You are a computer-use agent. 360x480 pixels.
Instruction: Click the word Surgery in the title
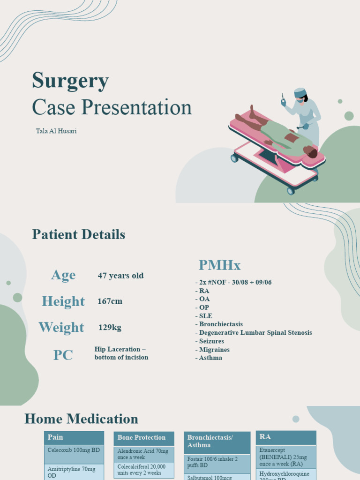coord(70,81)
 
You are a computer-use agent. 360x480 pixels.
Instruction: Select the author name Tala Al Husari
coord(56,131)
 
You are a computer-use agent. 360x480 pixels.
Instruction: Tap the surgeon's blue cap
coord(300,92)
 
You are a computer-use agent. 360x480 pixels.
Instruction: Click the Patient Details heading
coord(78,234)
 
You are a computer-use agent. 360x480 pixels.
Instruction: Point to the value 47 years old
coord(120,276)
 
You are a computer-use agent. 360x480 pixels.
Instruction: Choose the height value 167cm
coord(110,301)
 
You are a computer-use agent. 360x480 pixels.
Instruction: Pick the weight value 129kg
coord(110,328)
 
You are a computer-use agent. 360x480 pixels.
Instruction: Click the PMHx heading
coord(219,265)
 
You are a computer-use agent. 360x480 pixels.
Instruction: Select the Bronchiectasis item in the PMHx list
coord(220,324)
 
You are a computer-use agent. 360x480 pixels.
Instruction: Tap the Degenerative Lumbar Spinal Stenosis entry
coord(255,333)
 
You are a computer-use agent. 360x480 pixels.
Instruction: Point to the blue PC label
coord(63,355)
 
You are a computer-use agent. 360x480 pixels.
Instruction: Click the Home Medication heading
coord(81,419)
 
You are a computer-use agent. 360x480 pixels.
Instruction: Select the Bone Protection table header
coord(143,438)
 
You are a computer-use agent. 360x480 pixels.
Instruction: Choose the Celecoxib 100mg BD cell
coord(74,450)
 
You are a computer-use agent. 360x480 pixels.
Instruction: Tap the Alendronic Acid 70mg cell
coord(143,454)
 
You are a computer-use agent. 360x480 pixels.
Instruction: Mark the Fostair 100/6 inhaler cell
coord(217,462)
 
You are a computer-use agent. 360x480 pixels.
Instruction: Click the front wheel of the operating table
coord(291,191)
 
